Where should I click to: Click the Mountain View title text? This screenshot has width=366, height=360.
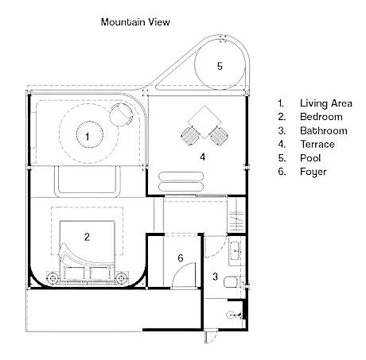click(135, 22)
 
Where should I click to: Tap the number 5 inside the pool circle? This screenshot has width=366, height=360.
click(220, 66)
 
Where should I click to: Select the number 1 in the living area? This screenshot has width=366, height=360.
click(88, 137)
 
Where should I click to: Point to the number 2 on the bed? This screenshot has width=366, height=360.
click(87, 237)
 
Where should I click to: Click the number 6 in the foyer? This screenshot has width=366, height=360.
click(181, 257)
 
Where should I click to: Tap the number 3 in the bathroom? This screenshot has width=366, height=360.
click(215, 277)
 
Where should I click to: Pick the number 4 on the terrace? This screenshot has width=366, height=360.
click(203, 157)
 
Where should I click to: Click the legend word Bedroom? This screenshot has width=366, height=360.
click(321, 117)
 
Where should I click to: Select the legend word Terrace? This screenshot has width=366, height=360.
click(317, 144)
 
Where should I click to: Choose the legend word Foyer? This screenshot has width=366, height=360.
click(313, 172)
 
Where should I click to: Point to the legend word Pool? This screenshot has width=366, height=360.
click(310, 158)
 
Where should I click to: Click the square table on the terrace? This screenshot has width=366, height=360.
click(204, 122)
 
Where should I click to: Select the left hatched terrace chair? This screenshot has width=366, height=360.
click(190, 135)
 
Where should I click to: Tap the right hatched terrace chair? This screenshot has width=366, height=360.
click(218, 135)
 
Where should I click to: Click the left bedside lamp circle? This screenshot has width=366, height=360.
click(53, 278)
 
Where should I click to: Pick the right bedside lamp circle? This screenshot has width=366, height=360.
click(122, 278)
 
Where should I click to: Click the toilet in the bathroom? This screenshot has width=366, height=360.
click(230, 282)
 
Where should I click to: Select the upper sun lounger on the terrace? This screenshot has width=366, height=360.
click(181, 176)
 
